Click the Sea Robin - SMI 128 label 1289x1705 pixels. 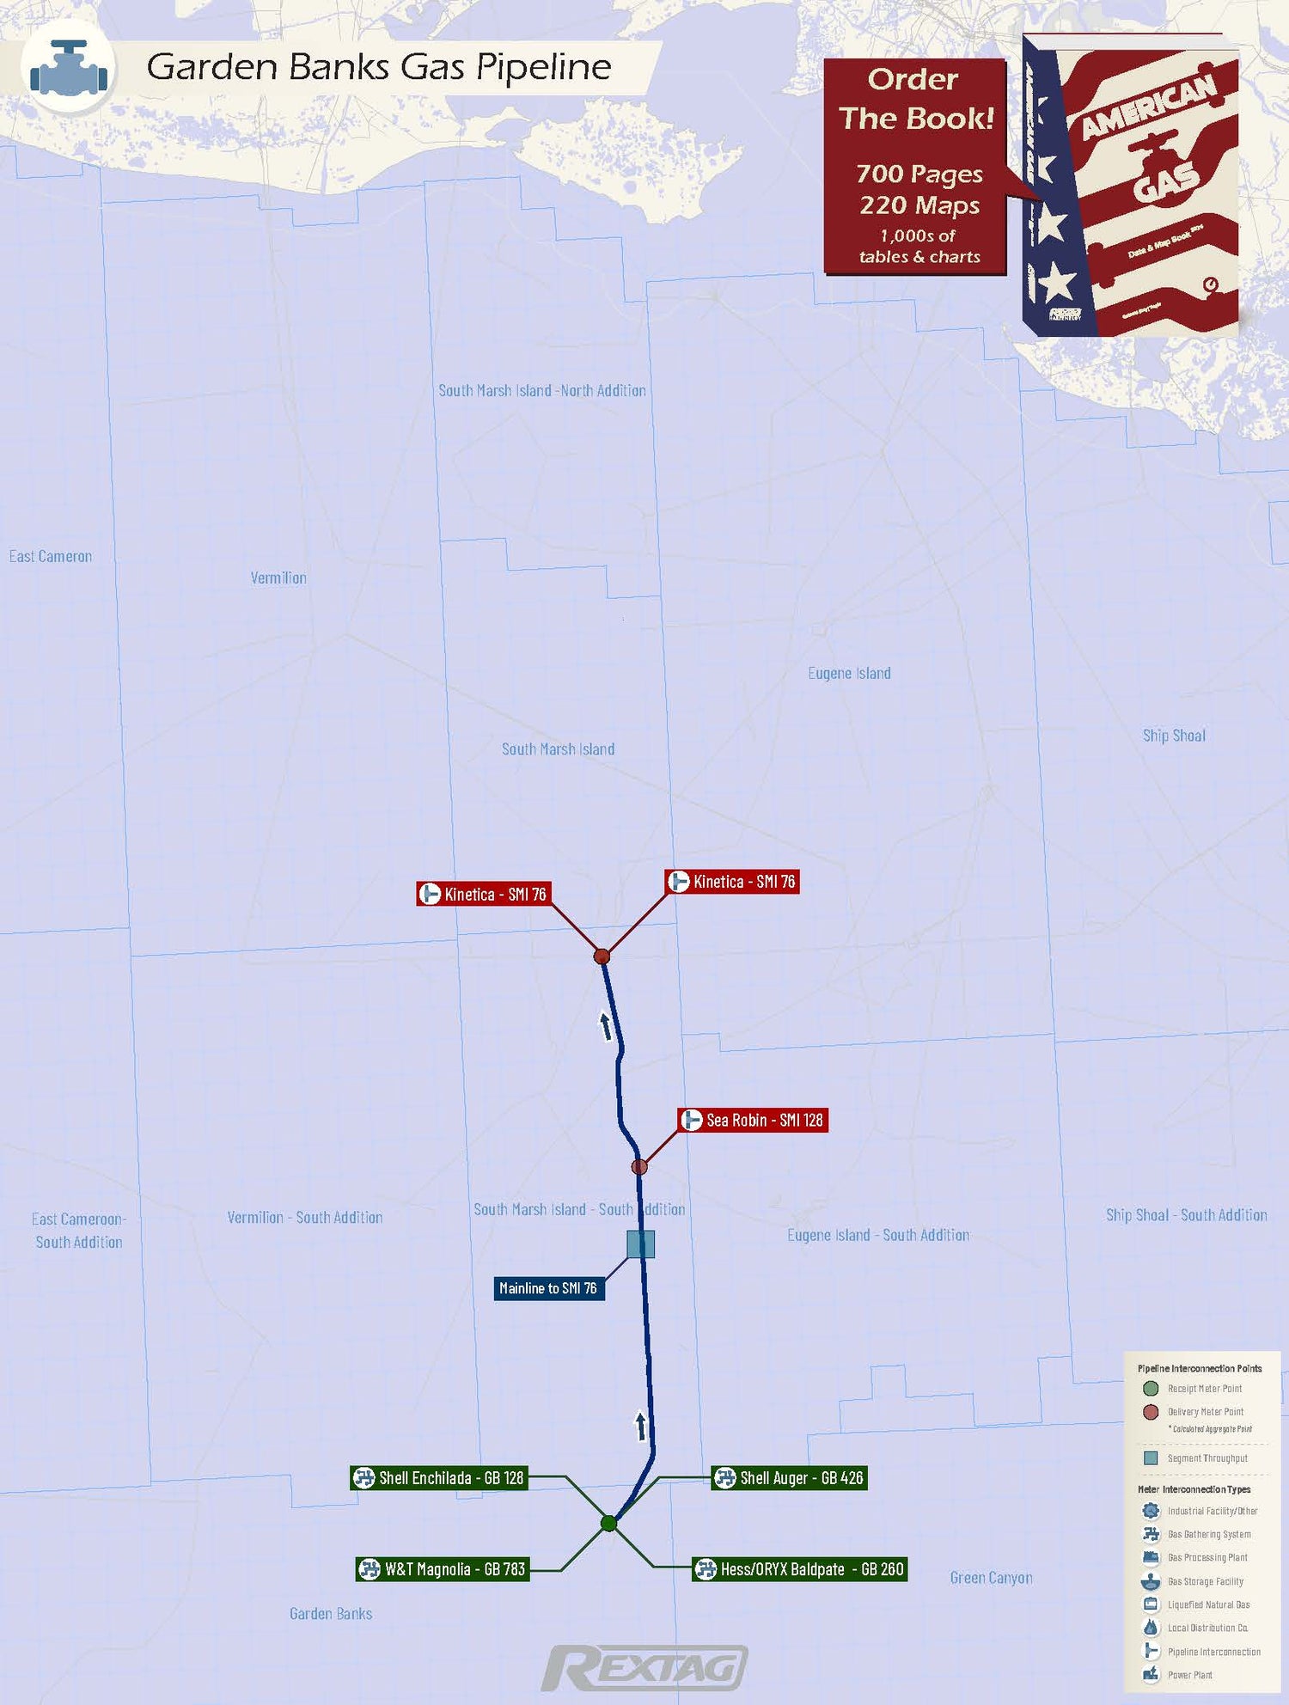(754, 1120)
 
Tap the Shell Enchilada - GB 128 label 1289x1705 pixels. (439, 1478)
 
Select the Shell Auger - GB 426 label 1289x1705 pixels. (789, 1478)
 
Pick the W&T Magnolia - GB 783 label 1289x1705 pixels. (443, 1569)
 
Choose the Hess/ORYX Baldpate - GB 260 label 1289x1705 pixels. (800, 1569)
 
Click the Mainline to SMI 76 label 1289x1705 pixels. (548, 1288)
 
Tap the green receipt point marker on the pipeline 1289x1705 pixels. (608, 1524)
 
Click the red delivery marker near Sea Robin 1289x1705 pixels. (639, 1167)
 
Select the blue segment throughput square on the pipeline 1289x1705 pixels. (641, 1244)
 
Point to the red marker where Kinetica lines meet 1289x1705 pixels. (602, 956)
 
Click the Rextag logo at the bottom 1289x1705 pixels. (644, 1669)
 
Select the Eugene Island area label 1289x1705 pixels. (849, 673)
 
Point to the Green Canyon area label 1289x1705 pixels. (991, 1578)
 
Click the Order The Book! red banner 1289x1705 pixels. (915, 167)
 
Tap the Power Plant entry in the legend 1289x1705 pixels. (1189, 1675)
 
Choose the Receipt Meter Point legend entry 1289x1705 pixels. (1204, 1389)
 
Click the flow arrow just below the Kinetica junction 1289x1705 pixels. (606, 1026)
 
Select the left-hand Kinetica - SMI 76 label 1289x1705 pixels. (483, 894)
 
